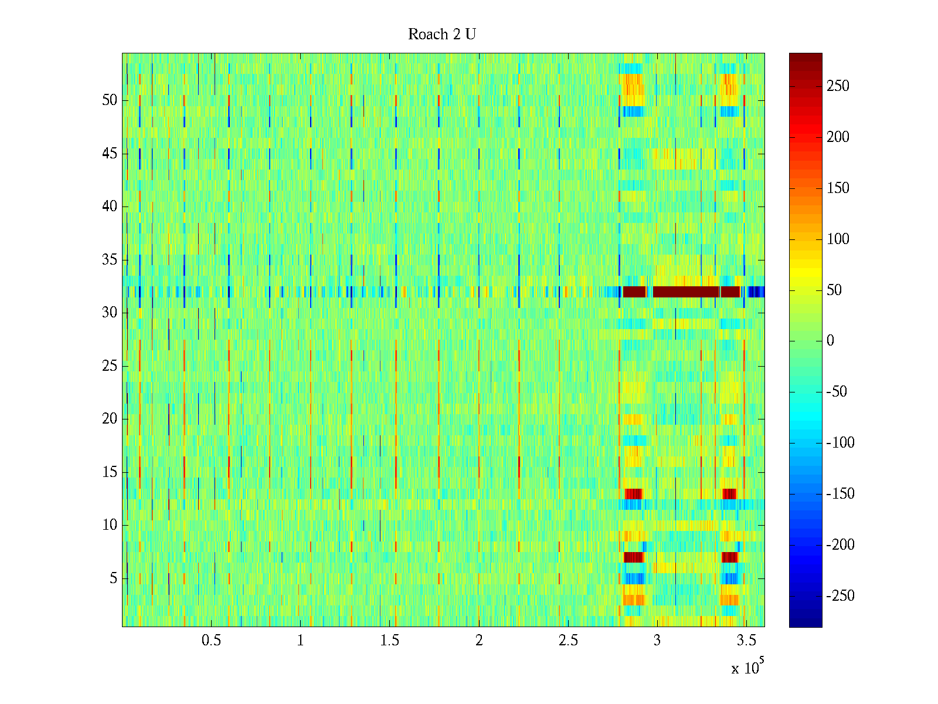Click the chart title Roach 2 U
pyautogui.click(x=442, y=35)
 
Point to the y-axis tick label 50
pyautogui.click(x=110, y=100)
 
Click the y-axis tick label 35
pyautogui.click(x=110, y=260)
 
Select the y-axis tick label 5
pyautogui.click(x=113, y=578)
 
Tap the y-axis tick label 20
pyautogui.click(x=110, y=419)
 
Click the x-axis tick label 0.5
pyautogui.click(x=211, y=641)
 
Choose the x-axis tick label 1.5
pyautogui.click(x=389, y=641)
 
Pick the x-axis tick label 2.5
pyautogui.click(x=568, y=641)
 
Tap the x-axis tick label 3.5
pyautogui.click(x=746, y=641)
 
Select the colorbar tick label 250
pyautogui.click(x=838, y=86)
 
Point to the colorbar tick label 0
pyautogui.click(x=830, y=341)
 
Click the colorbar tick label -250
pyautogui.click(x=840, y=596)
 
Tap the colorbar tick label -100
pyautogui.click(x=840, y=443)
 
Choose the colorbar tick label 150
pyautogui.click(x=838, y=188)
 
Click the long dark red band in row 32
pyautogui.click(x=686, y=292)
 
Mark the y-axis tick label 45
pyautogui.click(x=110, y=154)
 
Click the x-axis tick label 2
pyautogui.click(x=479, y=641)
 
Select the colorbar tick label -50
pyautogui.click(x=837, y=392)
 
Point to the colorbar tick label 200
pyautogui.click(x=838, y=137)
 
